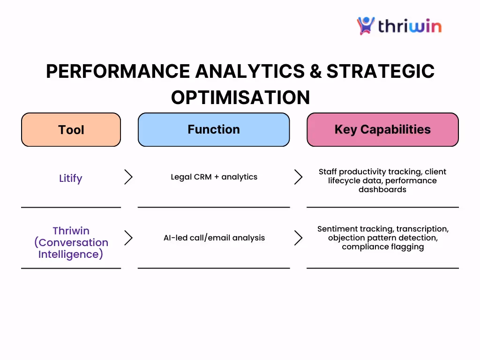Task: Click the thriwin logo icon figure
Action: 366,26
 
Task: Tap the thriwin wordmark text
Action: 410,26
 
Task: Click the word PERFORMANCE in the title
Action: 118,71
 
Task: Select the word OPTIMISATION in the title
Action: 240,97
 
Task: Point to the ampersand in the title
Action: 315,71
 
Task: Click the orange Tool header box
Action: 71,129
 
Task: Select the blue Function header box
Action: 214,129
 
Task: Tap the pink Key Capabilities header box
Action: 382,129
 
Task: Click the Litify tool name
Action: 71,178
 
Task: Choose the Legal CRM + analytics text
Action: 214,177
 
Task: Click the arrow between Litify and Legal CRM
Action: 128,177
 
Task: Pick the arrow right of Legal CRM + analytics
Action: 299,177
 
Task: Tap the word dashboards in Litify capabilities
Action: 382,189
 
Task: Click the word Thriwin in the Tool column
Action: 71,231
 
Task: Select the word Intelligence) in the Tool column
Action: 71,254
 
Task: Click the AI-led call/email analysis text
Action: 214,238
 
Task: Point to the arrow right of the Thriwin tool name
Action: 128,238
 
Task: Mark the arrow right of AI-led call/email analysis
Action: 299,238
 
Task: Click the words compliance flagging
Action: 383,247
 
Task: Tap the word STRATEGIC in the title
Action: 381,71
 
